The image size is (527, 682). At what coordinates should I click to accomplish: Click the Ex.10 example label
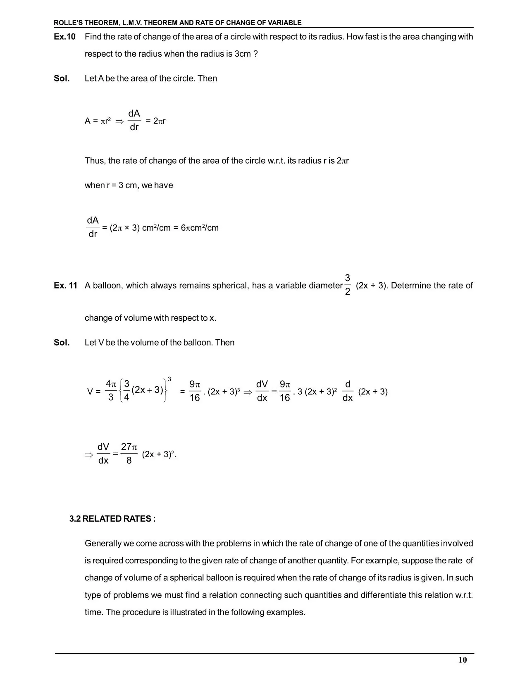[64, 37]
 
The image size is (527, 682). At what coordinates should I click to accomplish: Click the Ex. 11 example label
[65, 286]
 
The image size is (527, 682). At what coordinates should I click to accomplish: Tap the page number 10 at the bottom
[463, 660]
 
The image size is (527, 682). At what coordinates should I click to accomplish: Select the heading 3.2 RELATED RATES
[112, 519]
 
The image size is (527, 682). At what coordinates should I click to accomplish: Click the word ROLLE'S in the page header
[69, 23]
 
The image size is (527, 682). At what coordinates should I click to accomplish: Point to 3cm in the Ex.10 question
[243, 54]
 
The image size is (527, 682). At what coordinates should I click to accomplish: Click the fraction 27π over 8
[129, 453]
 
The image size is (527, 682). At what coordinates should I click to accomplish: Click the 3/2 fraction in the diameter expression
[347, 285]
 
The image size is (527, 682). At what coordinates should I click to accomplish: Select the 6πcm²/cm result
[200, 228]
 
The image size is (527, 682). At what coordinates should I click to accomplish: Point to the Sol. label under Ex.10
[62, 79]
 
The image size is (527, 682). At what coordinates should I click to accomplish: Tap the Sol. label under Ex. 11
[62, 343]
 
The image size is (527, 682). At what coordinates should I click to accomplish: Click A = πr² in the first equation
[98, 121]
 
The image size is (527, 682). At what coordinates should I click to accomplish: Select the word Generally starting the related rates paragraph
[104, 544]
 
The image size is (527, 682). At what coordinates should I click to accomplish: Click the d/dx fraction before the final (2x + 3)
[348, 391]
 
